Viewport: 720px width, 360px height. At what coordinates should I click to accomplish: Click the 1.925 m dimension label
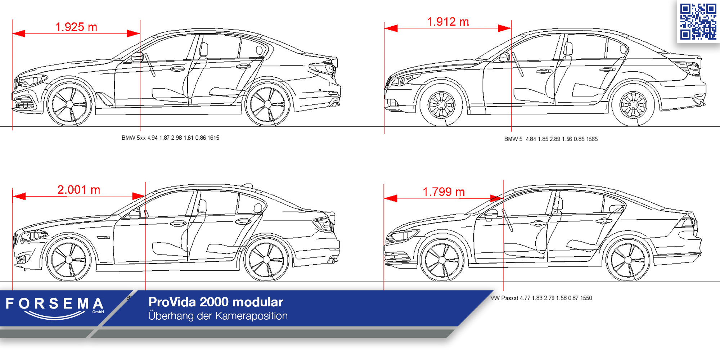click(76, 27)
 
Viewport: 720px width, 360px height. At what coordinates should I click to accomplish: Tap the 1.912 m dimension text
click(448, 22)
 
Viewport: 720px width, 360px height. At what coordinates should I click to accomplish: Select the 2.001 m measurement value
click(78, 190)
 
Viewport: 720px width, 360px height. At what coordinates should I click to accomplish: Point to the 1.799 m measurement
click(444, 192)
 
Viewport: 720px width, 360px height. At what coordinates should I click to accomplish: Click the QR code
click(698, 21)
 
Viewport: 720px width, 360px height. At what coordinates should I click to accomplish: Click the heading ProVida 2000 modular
click(216, 302)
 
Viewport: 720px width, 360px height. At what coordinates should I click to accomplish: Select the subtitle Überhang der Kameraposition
click(218, 316)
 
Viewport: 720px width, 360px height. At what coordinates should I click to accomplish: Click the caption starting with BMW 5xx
click(170, 138)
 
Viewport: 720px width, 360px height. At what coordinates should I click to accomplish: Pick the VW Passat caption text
click(541, 298)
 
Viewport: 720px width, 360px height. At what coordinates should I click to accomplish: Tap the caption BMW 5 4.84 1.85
click(551, 139)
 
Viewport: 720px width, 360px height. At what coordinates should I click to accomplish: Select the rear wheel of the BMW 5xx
click(267, 104)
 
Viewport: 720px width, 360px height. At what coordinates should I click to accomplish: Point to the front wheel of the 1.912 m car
click(441, 105)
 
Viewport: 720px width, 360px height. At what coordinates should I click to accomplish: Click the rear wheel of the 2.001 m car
click(266, 260)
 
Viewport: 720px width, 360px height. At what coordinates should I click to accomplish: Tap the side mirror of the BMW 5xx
click(137, 57)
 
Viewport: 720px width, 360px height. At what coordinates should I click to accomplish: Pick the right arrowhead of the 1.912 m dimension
click(504, 28)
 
